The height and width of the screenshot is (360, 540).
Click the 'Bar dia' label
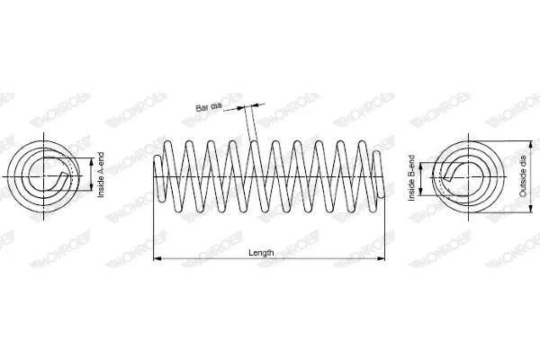point(209,107)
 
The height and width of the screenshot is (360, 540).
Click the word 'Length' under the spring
point(261,253)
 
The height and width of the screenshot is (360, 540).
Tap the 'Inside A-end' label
point(101,175)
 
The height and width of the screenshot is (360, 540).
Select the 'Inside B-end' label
point(411,178)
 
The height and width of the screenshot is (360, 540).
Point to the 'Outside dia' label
point(523,176)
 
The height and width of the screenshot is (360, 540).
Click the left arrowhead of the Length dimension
point(157,258)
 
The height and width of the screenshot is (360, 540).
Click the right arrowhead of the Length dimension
point(381,258)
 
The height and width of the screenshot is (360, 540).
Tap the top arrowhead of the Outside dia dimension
point(531,145)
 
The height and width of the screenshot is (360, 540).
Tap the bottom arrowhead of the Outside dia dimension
point(531,209)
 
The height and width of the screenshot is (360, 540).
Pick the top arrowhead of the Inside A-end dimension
point(91,162)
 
